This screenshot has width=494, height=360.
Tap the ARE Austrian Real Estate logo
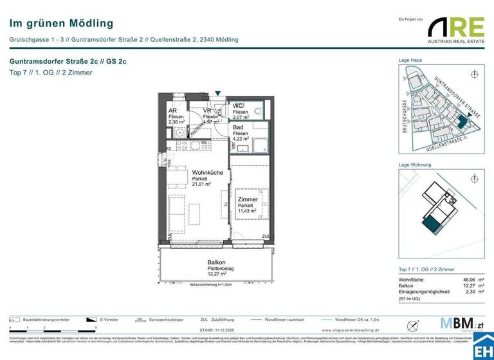coord(456,28)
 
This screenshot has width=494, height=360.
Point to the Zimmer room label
coord(247,199)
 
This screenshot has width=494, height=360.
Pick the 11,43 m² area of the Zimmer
coord(247,210)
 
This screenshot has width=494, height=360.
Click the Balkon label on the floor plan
coord(215,262)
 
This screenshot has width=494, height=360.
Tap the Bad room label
coord(237,127)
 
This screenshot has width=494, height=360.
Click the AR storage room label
coord(172,111)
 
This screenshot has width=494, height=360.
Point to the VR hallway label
coord(207,111)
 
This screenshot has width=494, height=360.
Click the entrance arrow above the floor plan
coord(218,93)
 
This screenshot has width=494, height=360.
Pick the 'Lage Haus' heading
coord(410,60)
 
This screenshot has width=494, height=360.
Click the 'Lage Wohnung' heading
coord(414,166)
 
